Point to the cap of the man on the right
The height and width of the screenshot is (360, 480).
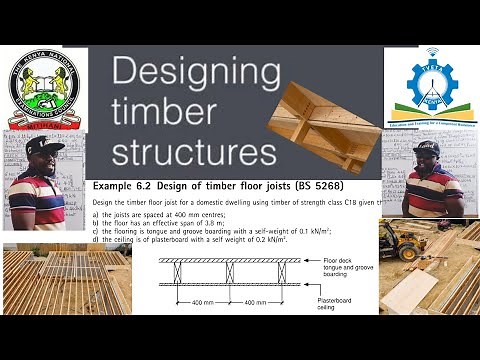426,146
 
